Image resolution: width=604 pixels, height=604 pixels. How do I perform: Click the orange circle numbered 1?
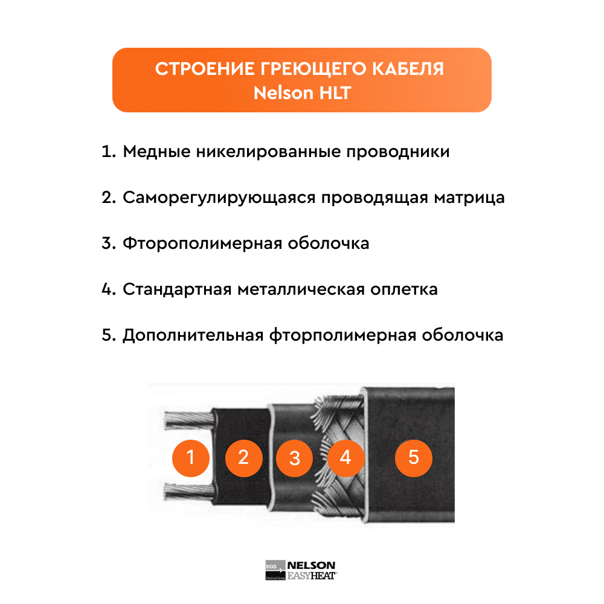pyautogui.click(x=191, y=458)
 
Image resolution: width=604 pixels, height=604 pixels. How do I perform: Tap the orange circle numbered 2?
pyautogui.click(x=244, y=458)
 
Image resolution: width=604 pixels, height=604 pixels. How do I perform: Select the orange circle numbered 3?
pyautogui.click(x=295, y=458)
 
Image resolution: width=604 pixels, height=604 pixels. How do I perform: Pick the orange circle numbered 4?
pyautogui.click(x=345, y=458)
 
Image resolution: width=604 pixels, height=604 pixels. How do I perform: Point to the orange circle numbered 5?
pyautogui.click(x=414, y=458)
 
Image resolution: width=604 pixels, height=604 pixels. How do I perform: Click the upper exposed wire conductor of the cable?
pyautogui.click(x=188, y=420)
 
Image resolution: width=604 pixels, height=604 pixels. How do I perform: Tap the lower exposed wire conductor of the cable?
pyautogui.click(x=188, y=492)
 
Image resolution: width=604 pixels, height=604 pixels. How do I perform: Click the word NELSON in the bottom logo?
pyautogui.click(x=311, y=565)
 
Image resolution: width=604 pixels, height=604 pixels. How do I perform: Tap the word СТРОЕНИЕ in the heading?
pyautogui.click(x=205, y=69)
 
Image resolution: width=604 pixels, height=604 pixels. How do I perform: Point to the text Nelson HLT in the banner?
pyautogui.click(x=302, y=93)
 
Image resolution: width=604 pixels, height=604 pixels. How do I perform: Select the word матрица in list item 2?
pyautogui.click(x=469, y=198)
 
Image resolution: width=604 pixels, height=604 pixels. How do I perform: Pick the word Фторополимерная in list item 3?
pyautogui.click(x=202, y=244)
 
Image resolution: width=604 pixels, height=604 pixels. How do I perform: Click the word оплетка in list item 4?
pyautogui.click(x=404, y=289)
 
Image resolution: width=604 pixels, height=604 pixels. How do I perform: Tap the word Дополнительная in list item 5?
pyautogui.click(x=193, y=335)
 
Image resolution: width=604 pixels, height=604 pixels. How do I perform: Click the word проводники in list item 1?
pyautogui.click(x=398, y=152)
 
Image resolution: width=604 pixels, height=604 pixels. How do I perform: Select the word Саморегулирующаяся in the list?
pyautogui.click(x=219, y=198)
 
